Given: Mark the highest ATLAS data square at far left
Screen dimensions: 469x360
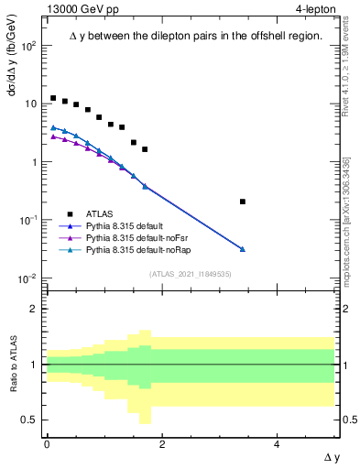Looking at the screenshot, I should [53, 98].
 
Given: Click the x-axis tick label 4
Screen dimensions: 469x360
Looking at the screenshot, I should [278, 444].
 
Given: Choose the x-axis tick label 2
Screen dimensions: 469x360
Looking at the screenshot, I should [162, 444].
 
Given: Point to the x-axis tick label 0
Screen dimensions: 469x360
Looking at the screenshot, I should [47, 444].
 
